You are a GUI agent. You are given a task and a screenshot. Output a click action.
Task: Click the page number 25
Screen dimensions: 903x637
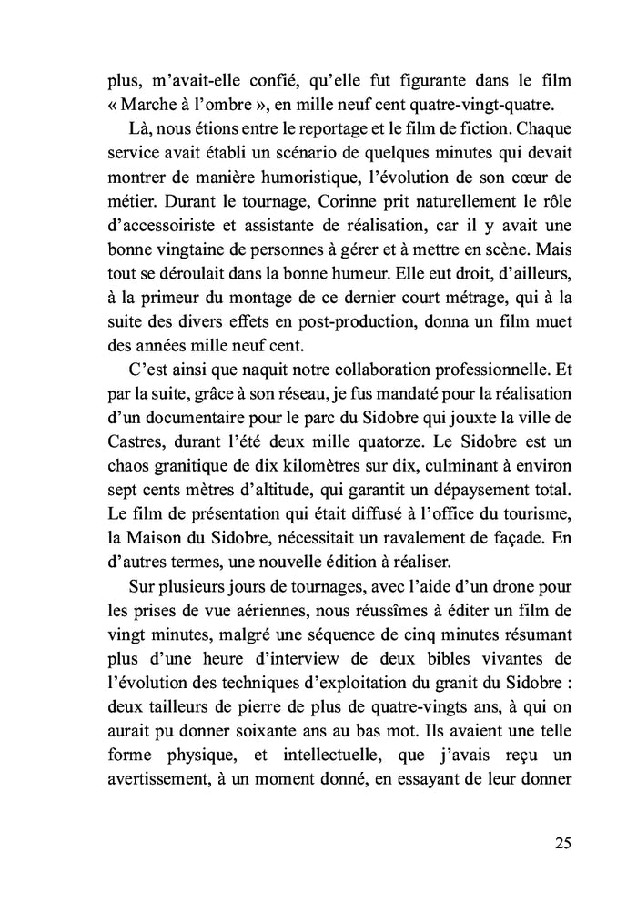click(x=561, y=842)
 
